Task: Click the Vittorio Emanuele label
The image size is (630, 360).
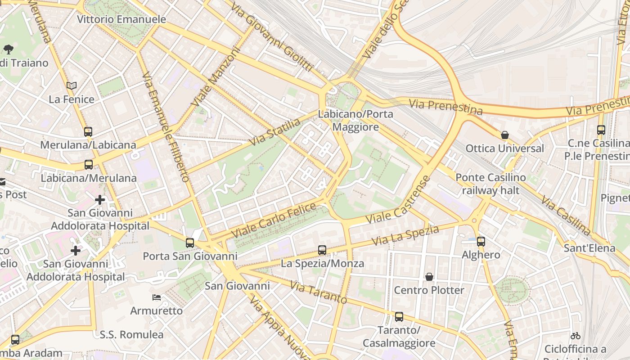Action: point(121,19)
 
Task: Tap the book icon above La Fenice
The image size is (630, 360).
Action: point(72,85)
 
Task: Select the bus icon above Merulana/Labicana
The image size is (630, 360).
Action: point(88,132)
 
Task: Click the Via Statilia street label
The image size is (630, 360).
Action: point(275,132)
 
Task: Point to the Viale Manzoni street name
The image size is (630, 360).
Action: point(216,77)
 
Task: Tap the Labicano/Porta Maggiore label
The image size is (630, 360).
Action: point(355,121)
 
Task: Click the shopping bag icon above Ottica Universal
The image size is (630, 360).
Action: point(505,135)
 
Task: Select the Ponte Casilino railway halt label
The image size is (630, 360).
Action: point(490,184)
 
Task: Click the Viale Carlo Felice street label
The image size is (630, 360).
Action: point(274,221)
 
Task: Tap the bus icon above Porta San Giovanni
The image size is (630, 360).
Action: point(190,243)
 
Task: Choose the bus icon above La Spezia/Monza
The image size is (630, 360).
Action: point(322,250)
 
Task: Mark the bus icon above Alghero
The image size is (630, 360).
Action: point(481,242)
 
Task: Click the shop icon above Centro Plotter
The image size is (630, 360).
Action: point(429,277)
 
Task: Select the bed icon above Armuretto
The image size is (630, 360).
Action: point(157,297)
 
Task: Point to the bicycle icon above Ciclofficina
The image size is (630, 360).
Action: point(575,336)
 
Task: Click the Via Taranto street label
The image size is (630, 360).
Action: point(318,292)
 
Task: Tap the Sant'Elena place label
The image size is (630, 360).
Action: point(589,248)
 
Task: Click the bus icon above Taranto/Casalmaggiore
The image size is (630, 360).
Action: point(399,317)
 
